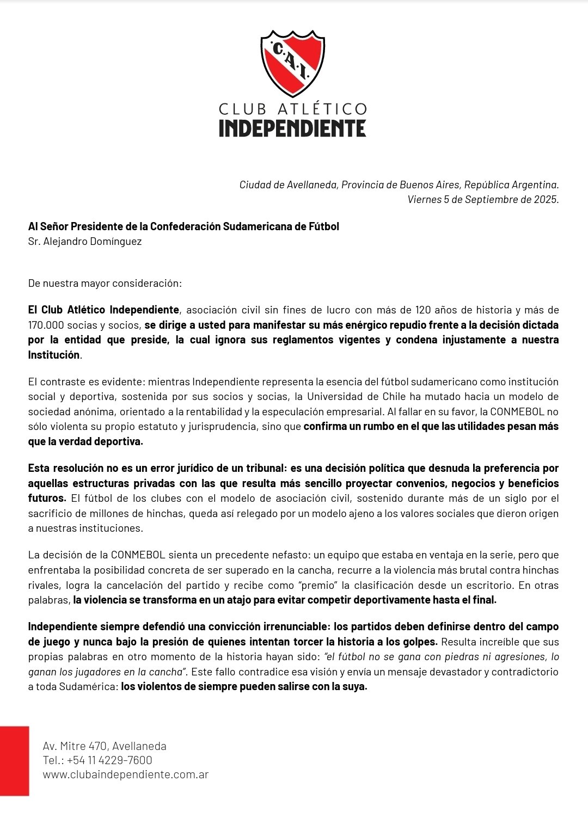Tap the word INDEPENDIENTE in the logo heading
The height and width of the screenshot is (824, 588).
point(292,128)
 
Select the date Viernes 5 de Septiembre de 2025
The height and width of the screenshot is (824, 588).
point(483,199)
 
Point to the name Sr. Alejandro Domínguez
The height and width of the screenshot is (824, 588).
point(85,241)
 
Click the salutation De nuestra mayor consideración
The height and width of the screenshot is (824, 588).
point(105,283)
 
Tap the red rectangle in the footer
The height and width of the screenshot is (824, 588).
point(14,760)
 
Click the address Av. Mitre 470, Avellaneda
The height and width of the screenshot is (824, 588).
point(105,746)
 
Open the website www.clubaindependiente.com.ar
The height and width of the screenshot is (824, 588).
point(126,774)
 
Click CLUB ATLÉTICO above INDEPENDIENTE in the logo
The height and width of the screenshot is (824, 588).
point(292,109)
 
